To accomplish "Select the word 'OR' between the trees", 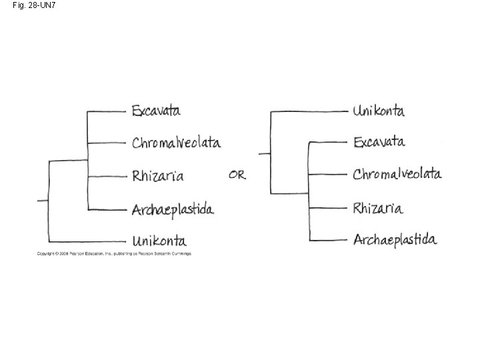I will pos(237,175).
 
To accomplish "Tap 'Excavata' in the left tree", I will pos(156,110).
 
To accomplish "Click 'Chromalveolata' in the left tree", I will pos(176,143).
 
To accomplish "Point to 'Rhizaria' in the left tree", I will pos(157,176).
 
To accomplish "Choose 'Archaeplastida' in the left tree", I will pos(173,209).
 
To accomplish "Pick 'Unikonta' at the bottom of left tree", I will pos(159,241).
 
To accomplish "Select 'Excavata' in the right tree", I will pos(379,141).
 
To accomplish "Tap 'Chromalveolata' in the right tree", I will pos(397,174).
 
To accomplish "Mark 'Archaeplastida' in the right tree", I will pos(395,239).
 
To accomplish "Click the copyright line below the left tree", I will pos(114,254).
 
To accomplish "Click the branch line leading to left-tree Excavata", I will pos(107,111).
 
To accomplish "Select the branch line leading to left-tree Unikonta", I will pos(87,241).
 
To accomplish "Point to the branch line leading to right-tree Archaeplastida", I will pos(328,239).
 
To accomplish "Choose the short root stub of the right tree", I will pos(264,153).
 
